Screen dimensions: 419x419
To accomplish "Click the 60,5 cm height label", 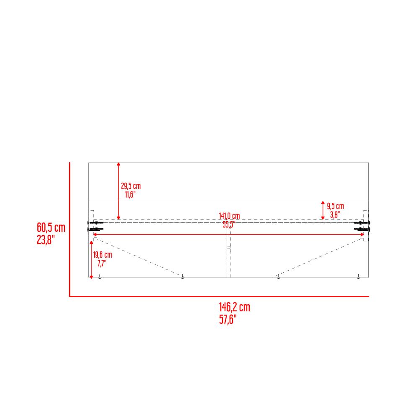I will pyautogui.click(x=51, y=228).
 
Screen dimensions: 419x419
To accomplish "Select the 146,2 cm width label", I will pyautogui.click(x=234, y=308).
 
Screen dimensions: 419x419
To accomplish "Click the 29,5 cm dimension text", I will pyautogui.click(x=131, y=186).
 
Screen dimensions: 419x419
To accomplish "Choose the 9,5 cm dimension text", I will pyautogui.click(x=335, y=206).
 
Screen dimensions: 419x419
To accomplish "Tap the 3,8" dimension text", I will pyautogui.click(x=334, y=215).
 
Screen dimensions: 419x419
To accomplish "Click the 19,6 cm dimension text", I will pyautogui.click(x=103, y=255).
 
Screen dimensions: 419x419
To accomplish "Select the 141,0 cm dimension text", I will pyautogui.click(x=229, y=216).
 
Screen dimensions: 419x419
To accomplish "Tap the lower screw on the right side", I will pyautogui.click(x=363, y=230).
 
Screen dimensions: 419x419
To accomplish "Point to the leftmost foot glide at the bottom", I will pyautogui.click(x=100, y=277).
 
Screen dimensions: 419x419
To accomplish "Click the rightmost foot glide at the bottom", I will pyautogui.click(x=358, y=277).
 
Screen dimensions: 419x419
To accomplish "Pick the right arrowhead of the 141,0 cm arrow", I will pyautogui.click(x=362, y=235).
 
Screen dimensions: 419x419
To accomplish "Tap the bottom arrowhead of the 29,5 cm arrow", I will pyautogui.click(x=119, y=217).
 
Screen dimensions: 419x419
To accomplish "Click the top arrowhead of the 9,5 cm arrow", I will pyautogui.click(x=323, y=203).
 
